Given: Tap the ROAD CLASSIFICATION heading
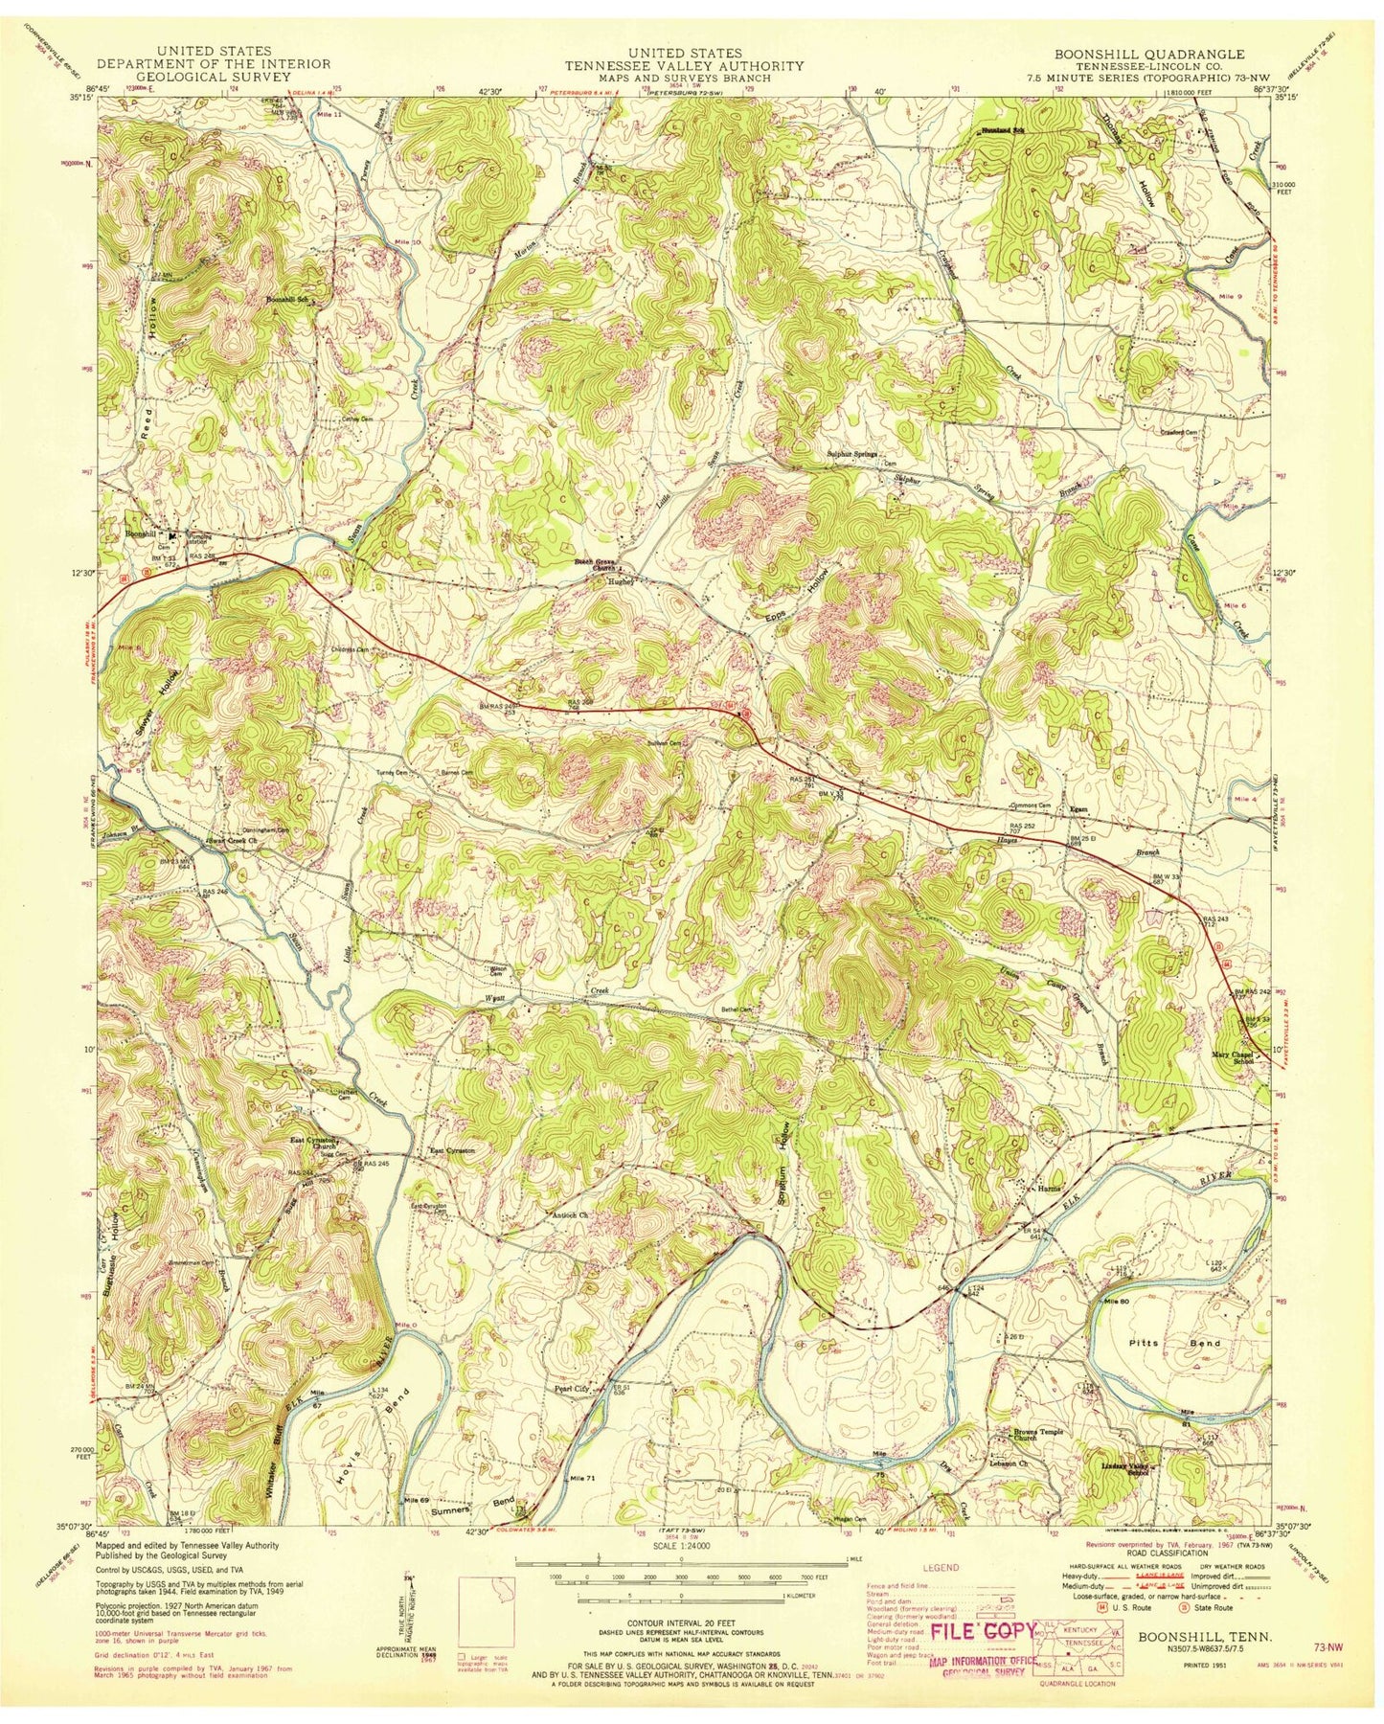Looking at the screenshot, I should tap(1147, 1578).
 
